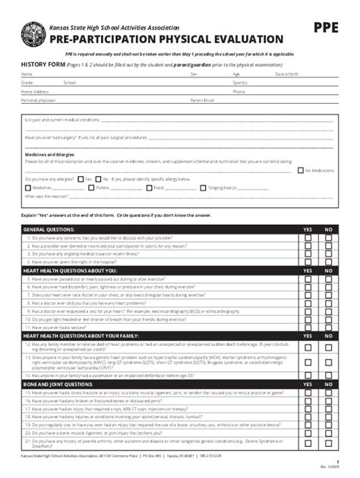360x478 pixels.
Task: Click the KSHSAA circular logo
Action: point(33,33)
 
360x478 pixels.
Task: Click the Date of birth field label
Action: point(287,74)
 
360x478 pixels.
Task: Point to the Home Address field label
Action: point(35,91)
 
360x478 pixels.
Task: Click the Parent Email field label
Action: point(202,99)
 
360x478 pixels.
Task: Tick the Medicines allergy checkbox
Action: point(28,187)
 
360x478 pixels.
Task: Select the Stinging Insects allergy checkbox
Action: point(203,187)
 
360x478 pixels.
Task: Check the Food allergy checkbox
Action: point(149,187)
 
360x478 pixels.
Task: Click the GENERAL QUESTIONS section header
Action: point(49,228)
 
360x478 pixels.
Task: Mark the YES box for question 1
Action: point(308,237)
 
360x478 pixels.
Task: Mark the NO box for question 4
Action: point(328,262)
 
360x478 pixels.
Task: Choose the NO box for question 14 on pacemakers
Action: point(328,375)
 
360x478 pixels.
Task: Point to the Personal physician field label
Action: point(39,99)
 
